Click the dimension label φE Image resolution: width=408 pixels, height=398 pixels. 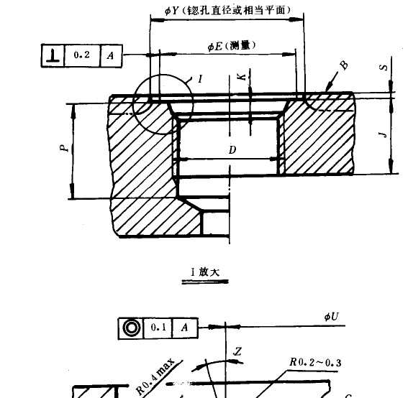(x=214, y=46)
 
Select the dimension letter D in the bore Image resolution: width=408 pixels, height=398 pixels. (x=232, y=150)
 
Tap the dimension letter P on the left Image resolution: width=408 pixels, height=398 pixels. (x=63, y=147)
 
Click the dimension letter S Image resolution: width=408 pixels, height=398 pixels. (x=384, y=68)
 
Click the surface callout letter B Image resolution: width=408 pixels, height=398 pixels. (x=343, y=65)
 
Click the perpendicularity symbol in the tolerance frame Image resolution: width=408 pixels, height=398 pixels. (x=53, y=55)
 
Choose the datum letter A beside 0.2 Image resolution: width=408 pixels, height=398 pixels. (x=109, y=55)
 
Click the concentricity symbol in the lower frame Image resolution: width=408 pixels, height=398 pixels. (x=131, y=328)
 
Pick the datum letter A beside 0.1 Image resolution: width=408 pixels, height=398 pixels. (x=184, y=328)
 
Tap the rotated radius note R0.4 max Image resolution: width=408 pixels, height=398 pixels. (x=155, y=377)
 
